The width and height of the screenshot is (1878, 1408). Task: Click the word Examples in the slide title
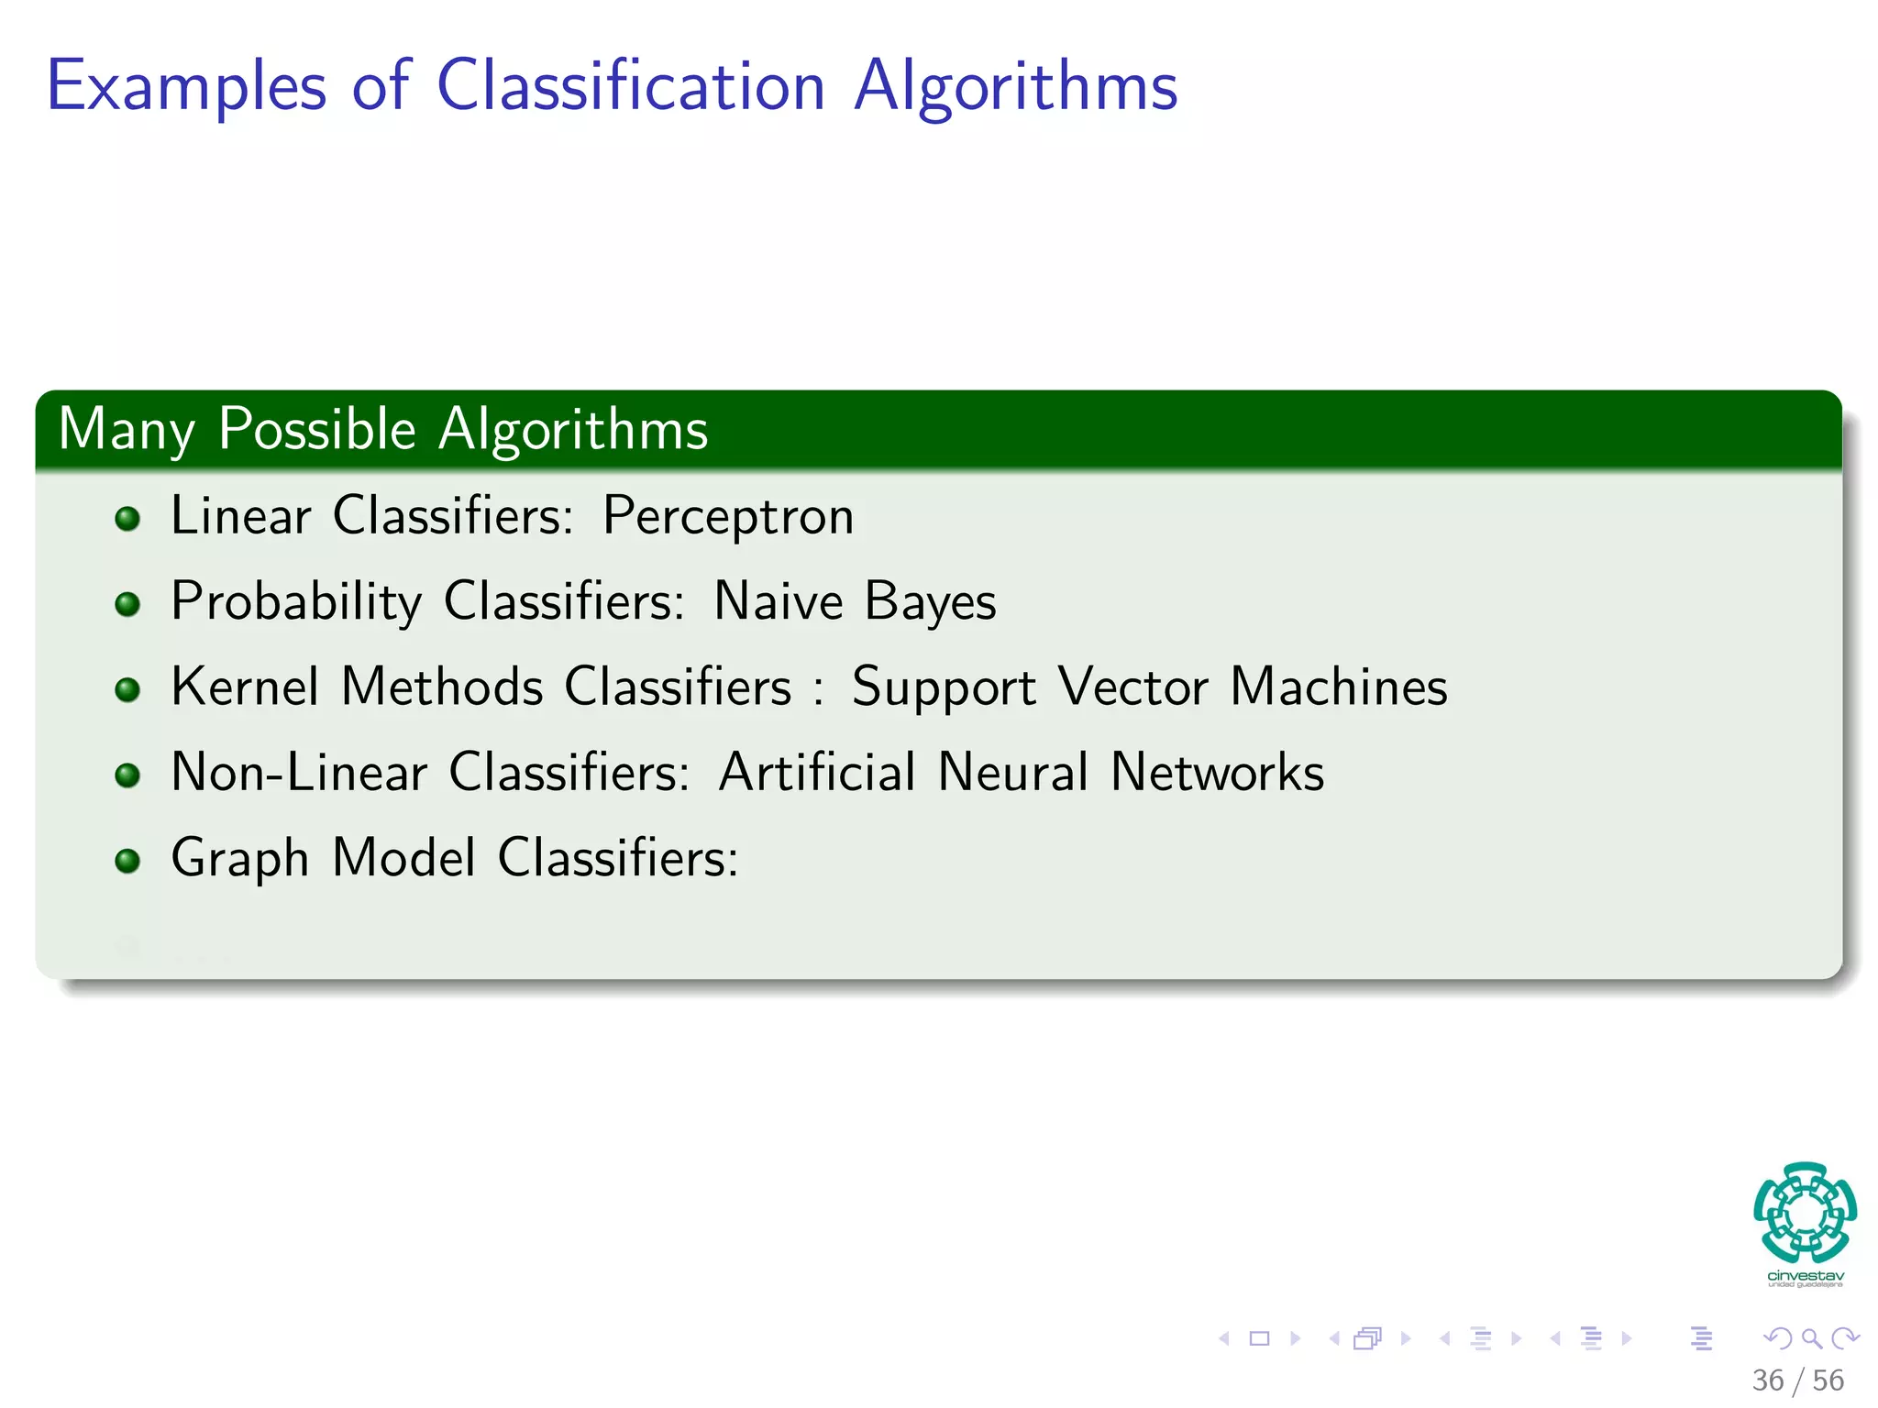coord(186,86)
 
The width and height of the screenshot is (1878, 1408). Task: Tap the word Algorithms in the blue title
coord(1015,86)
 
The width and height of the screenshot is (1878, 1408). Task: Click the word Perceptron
coord(728,516)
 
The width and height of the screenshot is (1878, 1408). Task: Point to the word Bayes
coord(930,602)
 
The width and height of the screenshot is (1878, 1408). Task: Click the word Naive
coord(778,602)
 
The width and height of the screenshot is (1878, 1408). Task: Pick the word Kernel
coord(245,687)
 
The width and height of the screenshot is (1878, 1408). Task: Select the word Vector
coord(1132,687)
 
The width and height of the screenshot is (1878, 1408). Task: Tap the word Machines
coord(1338,687)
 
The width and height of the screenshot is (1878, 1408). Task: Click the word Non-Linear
coord(299,772)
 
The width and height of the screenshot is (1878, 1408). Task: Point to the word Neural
coord(1012,772)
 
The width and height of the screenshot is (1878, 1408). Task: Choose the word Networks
coord(1217,772)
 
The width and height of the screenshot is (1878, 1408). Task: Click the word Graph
coord(239,859)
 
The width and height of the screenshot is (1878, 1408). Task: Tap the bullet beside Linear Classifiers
coord(127,520)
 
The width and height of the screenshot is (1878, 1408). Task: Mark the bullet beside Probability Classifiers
coord(127,605)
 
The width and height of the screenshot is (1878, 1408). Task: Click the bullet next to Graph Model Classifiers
coord(127,861)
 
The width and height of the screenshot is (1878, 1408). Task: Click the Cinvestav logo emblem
coord(1805,1212)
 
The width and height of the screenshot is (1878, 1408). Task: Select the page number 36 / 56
coord(1797,1380)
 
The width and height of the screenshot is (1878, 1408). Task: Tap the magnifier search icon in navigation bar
coord(1811,1338)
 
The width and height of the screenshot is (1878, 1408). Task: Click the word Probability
coord(295,602)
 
